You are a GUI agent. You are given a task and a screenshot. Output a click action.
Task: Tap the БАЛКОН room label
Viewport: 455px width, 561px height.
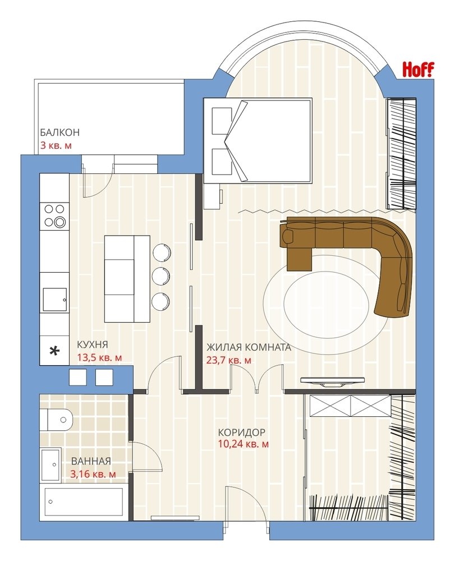[x=59, y=132]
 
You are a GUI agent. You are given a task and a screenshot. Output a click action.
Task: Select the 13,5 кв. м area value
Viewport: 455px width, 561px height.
[x=99, y=357]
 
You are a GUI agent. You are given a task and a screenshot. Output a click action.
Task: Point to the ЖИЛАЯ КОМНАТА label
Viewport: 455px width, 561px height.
[x=249, y=347]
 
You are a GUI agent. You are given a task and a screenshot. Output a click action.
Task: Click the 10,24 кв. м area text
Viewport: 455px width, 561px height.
[x=243, y=444]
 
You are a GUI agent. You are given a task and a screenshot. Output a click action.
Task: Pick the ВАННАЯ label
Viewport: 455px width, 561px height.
[x=91, y=461]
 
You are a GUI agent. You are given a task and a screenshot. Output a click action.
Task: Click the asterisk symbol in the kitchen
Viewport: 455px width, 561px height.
[x=54, y=351]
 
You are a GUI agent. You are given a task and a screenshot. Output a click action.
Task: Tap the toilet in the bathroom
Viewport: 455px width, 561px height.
[x=57, y=419]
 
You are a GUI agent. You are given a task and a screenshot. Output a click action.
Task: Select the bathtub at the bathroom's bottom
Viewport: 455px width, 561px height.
[x=84, y=502]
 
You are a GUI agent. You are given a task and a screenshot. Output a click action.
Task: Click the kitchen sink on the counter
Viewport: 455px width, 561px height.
[x=55, y=300]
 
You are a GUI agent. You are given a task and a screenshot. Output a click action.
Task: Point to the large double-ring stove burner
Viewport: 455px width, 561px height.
[x=59, y=222]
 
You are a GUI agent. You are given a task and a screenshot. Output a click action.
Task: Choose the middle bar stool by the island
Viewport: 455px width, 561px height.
[x=160, y=276]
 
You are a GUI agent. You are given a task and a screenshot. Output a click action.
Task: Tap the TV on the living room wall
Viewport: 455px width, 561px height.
[x=332, y=381]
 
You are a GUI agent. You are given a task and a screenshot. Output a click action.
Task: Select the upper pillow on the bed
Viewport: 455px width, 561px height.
[x=222, y=121]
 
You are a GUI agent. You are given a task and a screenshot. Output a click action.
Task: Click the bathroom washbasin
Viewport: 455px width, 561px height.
[x=50, y=465]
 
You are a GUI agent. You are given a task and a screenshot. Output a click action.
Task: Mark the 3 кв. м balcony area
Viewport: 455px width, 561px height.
[x=56, y=146]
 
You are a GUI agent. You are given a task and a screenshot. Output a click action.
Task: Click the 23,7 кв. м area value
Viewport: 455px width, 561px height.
[x=228, y=360]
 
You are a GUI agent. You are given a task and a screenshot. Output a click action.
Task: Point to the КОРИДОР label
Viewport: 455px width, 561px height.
[x=242, y=432]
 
